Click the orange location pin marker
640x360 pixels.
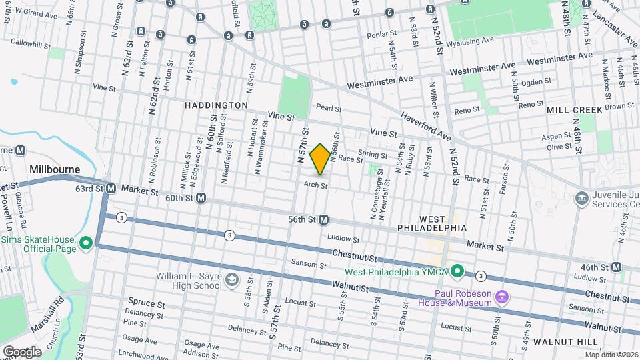tap(320, 159)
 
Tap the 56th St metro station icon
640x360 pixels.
tap(324, 219)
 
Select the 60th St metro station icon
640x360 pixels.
tap(200, 198)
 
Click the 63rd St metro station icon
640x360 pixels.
tap(111, 189)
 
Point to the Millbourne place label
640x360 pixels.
tap(55, 169)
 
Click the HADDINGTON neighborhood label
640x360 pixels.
tap(216, 105)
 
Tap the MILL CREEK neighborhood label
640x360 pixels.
tap(575, 109)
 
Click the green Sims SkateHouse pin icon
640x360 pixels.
tap(85, 243)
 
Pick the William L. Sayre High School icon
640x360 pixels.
tap(231, 279)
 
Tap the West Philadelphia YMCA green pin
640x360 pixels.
tap(457, 271)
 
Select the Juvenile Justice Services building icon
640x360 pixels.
tap(581, 197)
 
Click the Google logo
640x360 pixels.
tap(22, 351)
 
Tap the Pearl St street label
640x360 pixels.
tap(329, 107)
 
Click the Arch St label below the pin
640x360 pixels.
tap(315, 185)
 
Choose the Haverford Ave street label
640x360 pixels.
tap(425, 127)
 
